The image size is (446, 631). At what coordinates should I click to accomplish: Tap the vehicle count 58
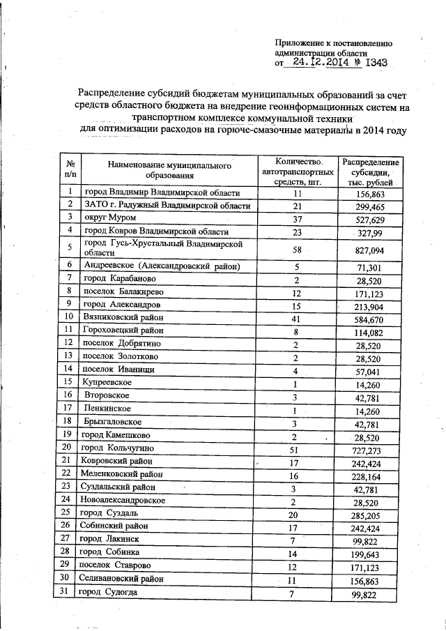(x=297, y=250)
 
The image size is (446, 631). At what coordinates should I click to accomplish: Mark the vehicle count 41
(x=297, y=317)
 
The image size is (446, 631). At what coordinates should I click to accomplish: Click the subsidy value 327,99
(x=371, y=231)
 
